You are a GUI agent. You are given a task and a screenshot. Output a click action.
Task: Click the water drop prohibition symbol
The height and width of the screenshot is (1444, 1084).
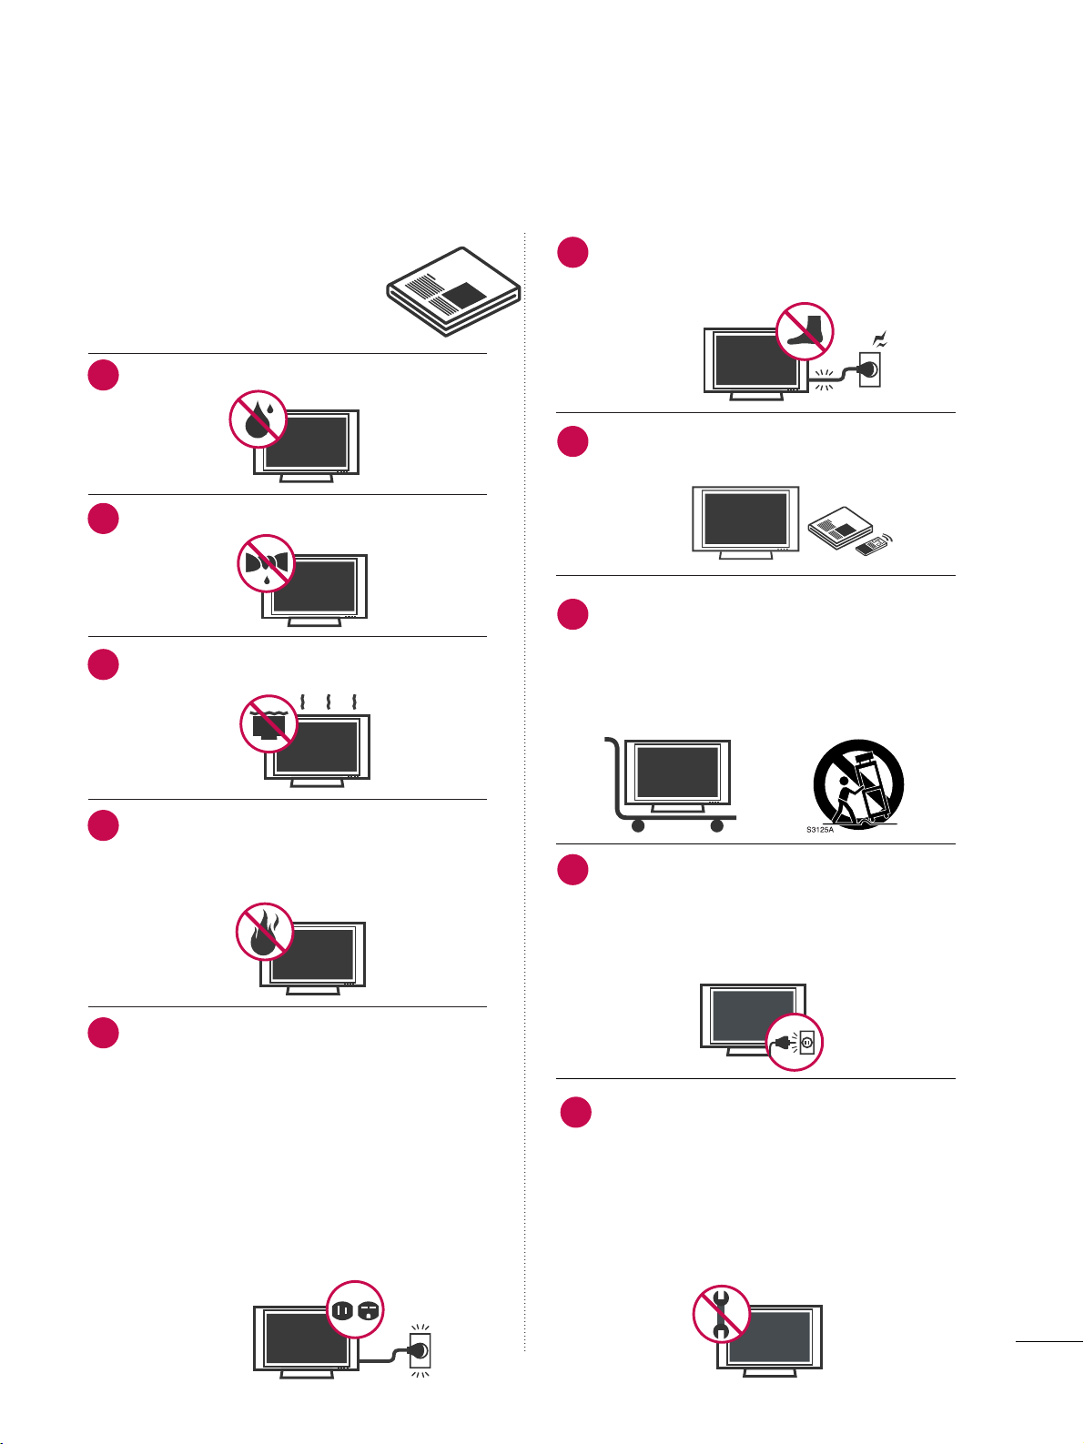pyautogui.click(x=258, y=419)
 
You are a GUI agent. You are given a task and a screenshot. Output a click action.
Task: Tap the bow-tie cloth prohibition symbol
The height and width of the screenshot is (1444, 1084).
pyautogui.click(x=266, y=563)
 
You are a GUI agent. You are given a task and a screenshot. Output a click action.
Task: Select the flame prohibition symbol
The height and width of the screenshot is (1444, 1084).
pyautogui.click(x=265, y=932)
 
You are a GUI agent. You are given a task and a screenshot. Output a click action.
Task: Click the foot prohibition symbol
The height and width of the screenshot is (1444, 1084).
pyautogui.click(x=805, y=331)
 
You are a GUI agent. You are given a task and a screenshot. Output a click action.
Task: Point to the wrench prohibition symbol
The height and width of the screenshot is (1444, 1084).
pyautogui.click(x=722, y=1314)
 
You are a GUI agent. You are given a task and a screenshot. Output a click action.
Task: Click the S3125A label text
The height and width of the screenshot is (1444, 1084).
pyautogui.click(x=819, y=830)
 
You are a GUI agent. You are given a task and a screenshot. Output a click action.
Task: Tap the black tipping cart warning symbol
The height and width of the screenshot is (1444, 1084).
pyautogui.click(x=858, y=783)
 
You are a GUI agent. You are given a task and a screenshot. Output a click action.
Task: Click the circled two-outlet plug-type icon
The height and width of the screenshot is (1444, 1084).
pyautogui.click(x=355, y=1309)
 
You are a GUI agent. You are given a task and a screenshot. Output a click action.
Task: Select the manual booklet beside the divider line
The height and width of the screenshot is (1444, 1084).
pyautogui.click(x=454, y=291)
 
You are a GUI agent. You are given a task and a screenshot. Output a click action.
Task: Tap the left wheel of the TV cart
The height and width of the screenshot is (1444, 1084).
pyautogui.click(x=637, y=825)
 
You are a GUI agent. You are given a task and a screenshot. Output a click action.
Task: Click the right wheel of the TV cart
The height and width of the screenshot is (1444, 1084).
pyautogui.click(x=717, y=825)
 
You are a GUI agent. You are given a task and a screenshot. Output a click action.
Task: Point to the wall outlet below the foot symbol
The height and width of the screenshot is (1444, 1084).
pyautogui.click(x=870, y=369)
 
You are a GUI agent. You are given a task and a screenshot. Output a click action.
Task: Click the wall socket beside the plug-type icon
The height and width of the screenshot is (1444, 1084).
pyautogui.click(x=420, y=1350)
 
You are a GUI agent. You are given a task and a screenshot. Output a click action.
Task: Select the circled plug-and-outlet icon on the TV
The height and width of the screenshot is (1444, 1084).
pyautogui.click(x=795, y=1042)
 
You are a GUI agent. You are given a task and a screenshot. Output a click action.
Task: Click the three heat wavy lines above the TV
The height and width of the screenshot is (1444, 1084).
pyautogui.click(x=329, y=702)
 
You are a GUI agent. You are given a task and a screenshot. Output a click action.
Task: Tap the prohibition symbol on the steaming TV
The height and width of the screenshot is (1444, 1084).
pyautogui.click(x=268, y=723)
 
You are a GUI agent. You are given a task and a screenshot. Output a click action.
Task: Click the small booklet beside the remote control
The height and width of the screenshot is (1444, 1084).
pyautogui.click(x=840, y=528)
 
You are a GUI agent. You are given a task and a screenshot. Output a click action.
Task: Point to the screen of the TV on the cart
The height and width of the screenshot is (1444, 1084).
pyautogui.click(x=677, y=772)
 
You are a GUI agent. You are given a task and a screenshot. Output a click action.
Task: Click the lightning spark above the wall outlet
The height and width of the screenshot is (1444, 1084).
pyautogui.click(x=879, y=339)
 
